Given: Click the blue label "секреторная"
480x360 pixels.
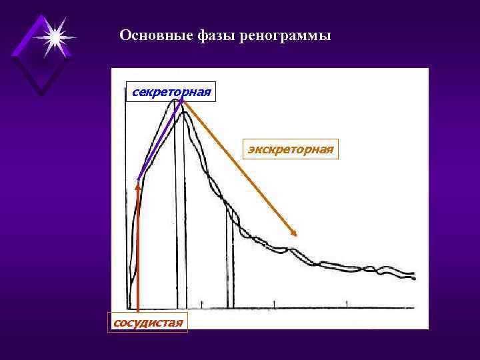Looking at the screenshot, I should (x=171, y=90).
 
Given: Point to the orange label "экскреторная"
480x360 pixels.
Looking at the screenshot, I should (x=291, y=149).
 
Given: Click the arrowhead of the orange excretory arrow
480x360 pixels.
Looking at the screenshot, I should (x=294, y=232).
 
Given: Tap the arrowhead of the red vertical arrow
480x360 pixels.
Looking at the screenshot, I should (x=137, y=187).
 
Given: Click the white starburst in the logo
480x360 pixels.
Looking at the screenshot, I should (x=54, y=37).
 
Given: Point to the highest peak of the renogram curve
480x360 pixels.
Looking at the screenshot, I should (x=176, y=99).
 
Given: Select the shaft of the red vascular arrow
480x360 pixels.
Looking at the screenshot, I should (x=137, y=253).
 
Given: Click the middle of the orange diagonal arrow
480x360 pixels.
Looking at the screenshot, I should (x=239, y=167).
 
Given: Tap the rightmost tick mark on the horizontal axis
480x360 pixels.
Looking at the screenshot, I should (x=347, y=304).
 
